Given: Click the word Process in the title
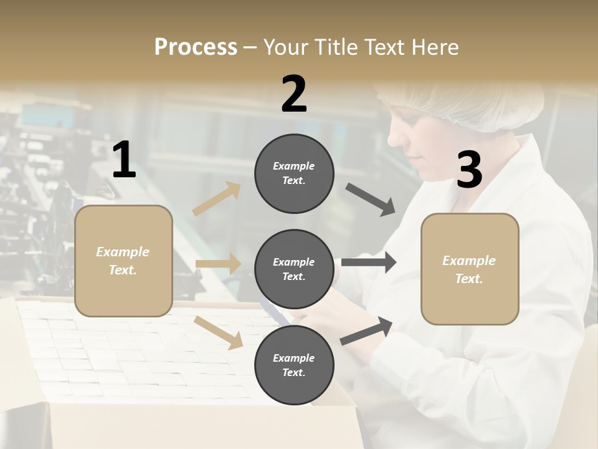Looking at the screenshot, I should pyautogui.click(x=196, y=47).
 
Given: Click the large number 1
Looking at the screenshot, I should pyautogui.click(x=124, y=160).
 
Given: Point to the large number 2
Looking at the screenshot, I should pyautogui.click(x=294, y=94).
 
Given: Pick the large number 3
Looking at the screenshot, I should pyautogui.click(x=469, y=170).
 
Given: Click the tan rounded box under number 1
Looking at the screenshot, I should pyautogui.click(x=123, y=261).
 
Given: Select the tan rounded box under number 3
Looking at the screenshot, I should pyautogui.click(x=470, y=269).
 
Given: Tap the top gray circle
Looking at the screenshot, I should pyautogui.click(x=294, y=173).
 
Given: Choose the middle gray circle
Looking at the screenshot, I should pyautogui.click(x=294, y=269).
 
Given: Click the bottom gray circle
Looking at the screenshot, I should pyautogui.click(x=294, y=365).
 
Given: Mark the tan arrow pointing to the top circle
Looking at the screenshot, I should pyautogui.click(x=217, y=199).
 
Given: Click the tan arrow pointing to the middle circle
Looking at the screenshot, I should pyautogui.click(x=218, y=264).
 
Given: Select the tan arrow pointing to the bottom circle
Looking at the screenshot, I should pyautogui.click(x=219, y=332).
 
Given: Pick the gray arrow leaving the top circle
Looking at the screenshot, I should pyautogui.click(x=371, y=200).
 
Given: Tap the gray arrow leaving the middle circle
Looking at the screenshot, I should pyautogui.click(x=369, y=263).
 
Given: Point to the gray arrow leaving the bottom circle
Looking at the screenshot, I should pyautogui.click(x=367, y=331).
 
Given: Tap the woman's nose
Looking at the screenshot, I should pyautogui.click(x=391, y=137).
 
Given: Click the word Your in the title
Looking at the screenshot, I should pyautogui.click(x=285, y=47).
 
